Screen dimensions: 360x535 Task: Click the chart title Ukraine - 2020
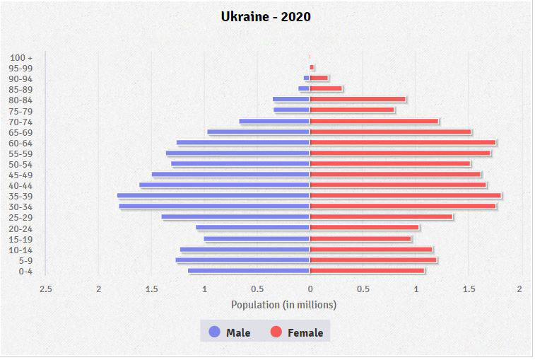point(266,16)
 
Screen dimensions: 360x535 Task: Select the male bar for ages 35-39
point(213,196)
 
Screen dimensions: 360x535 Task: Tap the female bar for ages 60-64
point(403,143)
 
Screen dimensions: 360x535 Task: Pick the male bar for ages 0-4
point(249,271)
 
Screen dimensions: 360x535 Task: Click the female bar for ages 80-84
point(358,100)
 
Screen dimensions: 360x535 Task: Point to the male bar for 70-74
point(274,122)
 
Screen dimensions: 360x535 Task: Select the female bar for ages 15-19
point(360,239)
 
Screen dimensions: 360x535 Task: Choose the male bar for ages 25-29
point(235,217)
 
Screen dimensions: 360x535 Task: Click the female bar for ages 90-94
point(319,78)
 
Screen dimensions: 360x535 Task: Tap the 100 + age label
point(21,57)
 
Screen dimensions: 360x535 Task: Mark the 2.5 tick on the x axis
point(46,289)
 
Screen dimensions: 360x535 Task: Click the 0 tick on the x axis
point(310,289)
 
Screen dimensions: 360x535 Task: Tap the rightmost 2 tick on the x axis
point(519,289)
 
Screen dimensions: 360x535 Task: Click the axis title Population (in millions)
point(283,305)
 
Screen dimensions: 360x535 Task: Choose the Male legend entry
point(230,332)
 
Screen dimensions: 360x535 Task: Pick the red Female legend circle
point(276,332)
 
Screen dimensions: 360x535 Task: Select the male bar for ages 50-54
point(240,164)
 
